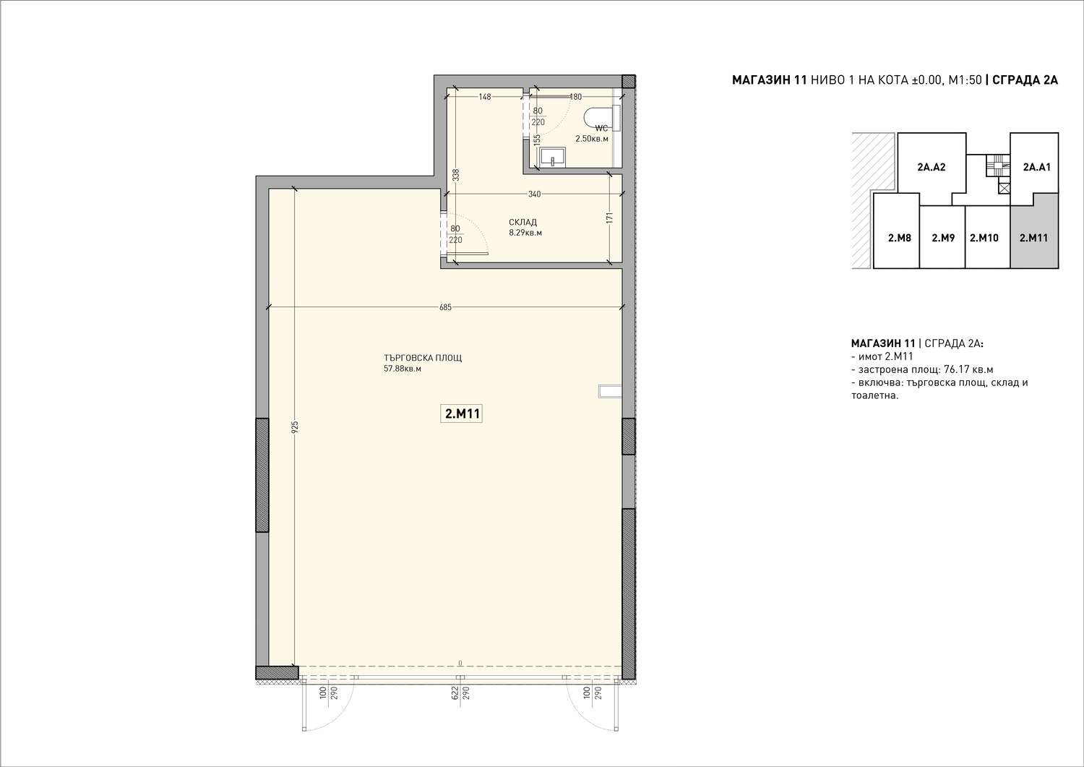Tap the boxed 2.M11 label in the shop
(461, 414)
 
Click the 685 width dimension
(445, 307)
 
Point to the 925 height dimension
(295, 427)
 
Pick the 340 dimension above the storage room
(534, 194)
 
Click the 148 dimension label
(485, 97)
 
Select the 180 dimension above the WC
(575, 97)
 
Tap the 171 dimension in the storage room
(610, 218)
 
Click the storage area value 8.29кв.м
(525, 233)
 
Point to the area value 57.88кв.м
(402, 369)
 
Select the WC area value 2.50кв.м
(592, 139)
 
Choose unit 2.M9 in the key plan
(943, 238)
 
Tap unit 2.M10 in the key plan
(984, 238)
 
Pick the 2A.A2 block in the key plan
(932, 168)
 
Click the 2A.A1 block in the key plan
(1037, 167)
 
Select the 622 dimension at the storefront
(455, 693)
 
